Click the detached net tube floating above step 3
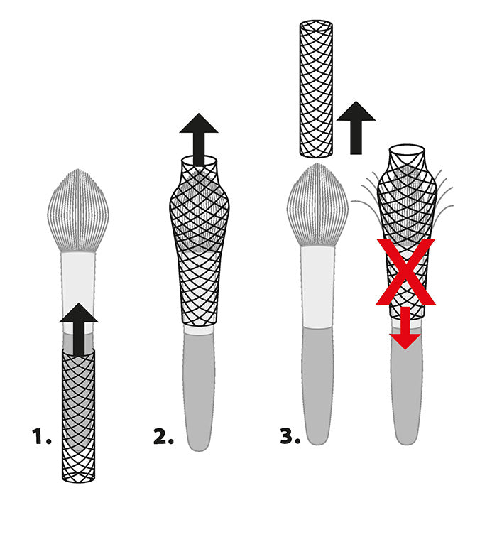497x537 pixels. (x=315, y=88)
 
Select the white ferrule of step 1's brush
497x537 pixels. (x=78, y=277)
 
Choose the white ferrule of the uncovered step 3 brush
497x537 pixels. (x=317, y=288)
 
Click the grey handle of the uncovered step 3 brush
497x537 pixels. (x=317, y=384)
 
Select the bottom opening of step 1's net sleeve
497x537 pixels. (x=78, y=475)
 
